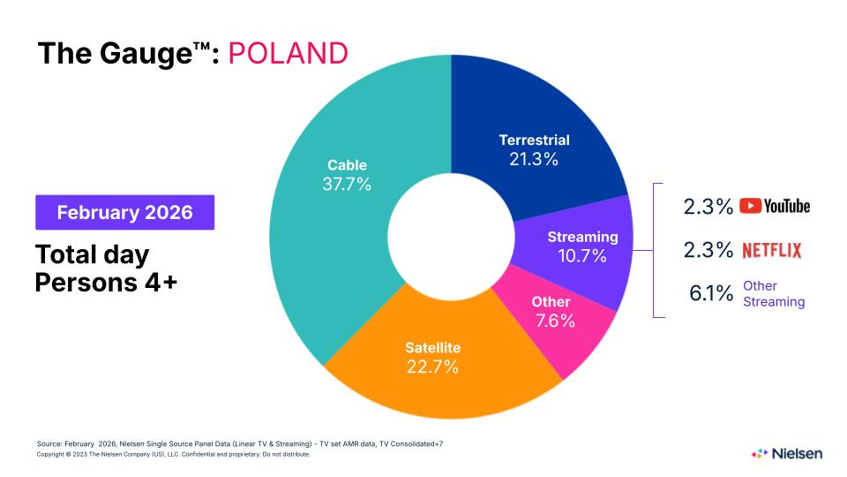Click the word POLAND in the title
click(288, 53)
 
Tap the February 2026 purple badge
click(124, 213)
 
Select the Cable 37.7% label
click(347, 175)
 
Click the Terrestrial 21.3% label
click(534, 149)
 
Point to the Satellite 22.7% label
click(432, 357)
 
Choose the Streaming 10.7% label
click(582, 246)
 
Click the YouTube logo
click(774, 206)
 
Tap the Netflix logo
click(771, 251)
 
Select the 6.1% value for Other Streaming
click(711, 294)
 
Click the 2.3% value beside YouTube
click(708, 207)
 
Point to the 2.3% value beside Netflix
click(708, 251)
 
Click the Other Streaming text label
click(773, 294)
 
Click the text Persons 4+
click(107, 283)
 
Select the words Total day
click(93, 254)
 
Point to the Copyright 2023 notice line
click(173, 455)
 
